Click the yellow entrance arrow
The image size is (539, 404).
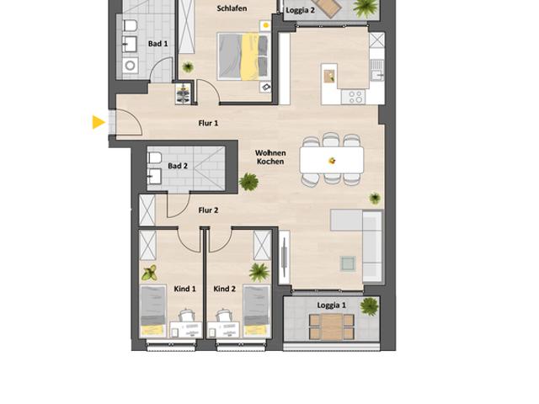pos(99,123)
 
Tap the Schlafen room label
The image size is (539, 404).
pos(231,8)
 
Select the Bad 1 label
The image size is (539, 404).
pos(157,44)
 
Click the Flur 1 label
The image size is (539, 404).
pos(208,123)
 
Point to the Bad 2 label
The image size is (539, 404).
pos(178,166)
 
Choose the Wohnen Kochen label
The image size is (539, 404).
pos(270,157)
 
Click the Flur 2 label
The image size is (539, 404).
pos(208,210)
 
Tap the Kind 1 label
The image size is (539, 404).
pos(184,289)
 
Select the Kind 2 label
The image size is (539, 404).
pos(224,289)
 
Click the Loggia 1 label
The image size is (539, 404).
pos(331,305)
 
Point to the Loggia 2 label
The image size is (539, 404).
pos(300,11)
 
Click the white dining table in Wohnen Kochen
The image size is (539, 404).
pos(332,159)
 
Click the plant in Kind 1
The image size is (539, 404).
pos(150,273)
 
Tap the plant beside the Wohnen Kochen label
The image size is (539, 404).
pos(248,181)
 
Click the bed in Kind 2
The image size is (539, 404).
pos(256,310)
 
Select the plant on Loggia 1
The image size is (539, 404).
pos(369,306)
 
